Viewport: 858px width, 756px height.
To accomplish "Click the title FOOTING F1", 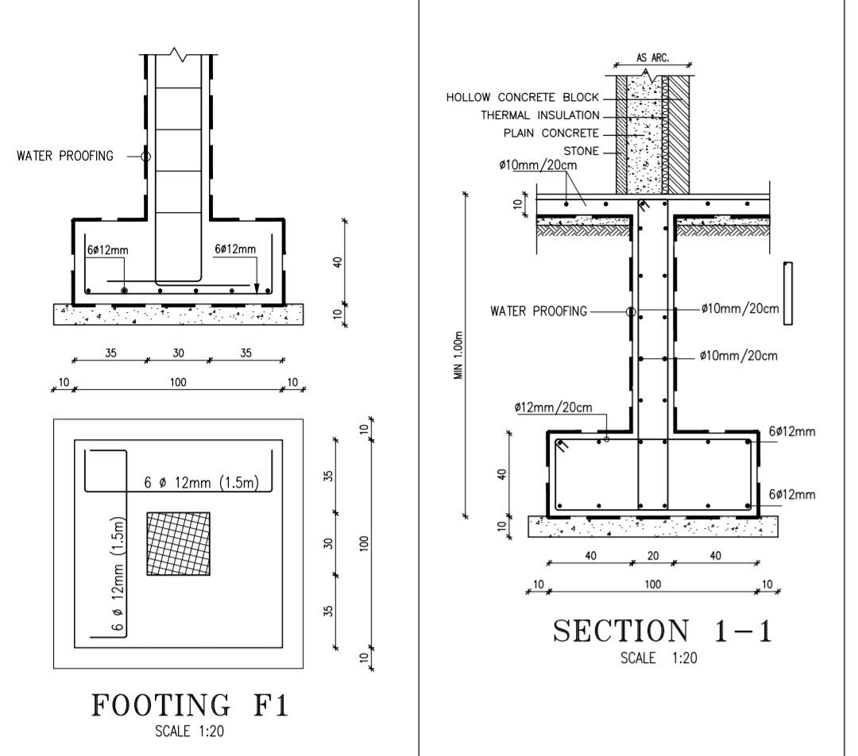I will click(x=190, y=705).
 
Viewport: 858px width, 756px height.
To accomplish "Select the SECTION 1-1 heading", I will click(x=663, y=631).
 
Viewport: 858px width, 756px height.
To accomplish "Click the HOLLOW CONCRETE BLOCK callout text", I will click(x=522, y=98).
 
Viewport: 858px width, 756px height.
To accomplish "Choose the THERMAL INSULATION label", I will click(x=539, y=115).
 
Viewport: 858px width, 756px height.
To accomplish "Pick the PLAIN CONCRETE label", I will click(x=549, y=133).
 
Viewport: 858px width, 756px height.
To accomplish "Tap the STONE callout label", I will click(x=581, y=151).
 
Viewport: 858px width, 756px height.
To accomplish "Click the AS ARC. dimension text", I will click(x=652, y=58).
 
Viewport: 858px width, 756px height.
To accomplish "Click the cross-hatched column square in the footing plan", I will click(x=179, y=544).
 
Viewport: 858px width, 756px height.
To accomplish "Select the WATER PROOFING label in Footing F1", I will click(x=65, y=156).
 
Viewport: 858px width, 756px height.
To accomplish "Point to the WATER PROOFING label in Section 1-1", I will click(x=539, y=311).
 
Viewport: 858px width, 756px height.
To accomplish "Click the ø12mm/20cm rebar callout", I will click(x=553, y=407).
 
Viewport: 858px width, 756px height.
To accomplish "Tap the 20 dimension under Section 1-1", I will click(x=652, y=556).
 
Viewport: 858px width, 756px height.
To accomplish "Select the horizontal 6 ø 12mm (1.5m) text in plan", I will click(x=200, y=483).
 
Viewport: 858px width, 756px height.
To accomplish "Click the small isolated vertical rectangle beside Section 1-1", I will click(x=787, y=293).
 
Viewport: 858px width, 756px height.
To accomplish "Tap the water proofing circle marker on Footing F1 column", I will click(x=145, y=156).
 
